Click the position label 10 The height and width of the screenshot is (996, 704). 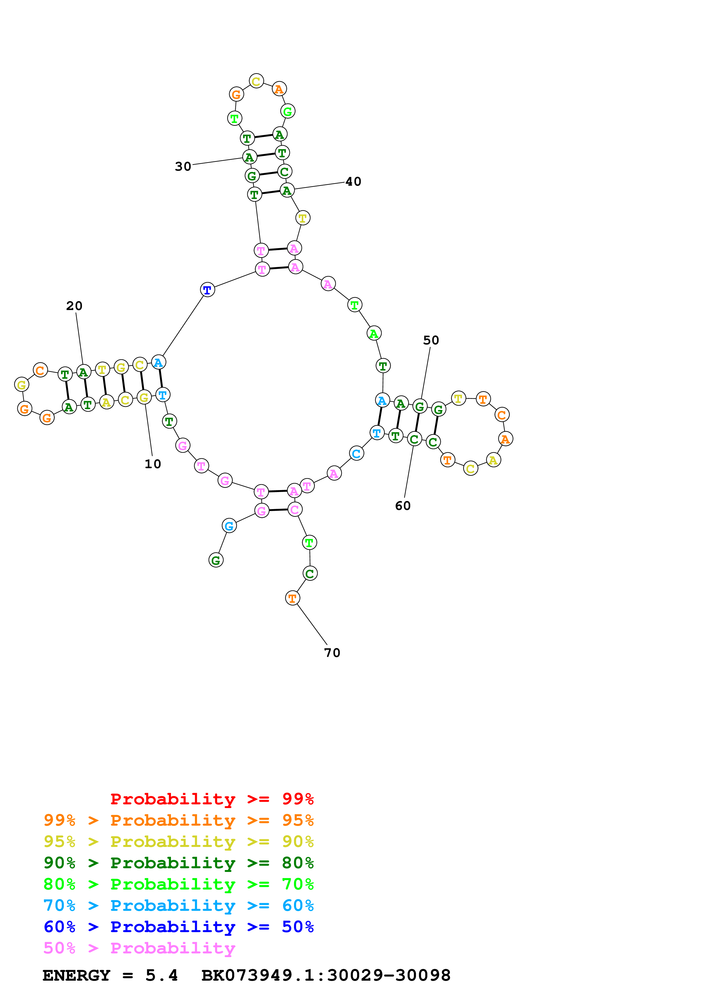click(153, 464)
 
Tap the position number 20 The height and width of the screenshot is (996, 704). click(74, 306)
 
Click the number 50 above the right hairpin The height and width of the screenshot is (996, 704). click(431, 340)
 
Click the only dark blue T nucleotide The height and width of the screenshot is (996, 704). click(207, 290)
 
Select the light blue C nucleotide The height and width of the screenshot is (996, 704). click(356, 454)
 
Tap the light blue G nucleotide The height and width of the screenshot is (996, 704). click(229, 526)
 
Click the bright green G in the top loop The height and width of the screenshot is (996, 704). click(288, 112)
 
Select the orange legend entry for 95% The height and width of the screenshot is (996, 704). click(179, 820)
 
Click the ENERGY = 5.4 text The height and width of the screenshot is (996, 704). click(110, 976)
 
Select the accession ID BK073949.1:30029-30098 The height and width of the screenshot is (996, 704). click(326, 976)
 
